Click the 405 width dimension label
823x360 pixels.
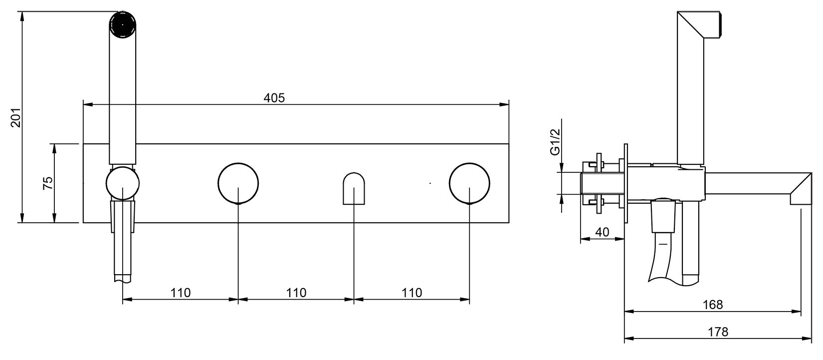coord(274,98)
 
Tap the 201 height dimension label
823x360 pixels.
coord(16,118)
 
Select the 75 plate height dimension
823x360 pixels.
coord(48,183)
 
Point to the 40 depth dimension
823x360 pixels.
coord(602,232)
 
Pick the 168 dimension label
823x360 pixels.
coord(713,305)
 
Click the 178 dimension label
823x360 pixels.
coord(718,332)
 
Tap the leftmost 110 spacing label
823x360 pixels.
coord(181,293)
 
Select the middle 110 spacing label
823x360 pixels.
coord(296,293)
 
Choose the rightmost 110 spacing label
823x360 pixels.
coord(412,293)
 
